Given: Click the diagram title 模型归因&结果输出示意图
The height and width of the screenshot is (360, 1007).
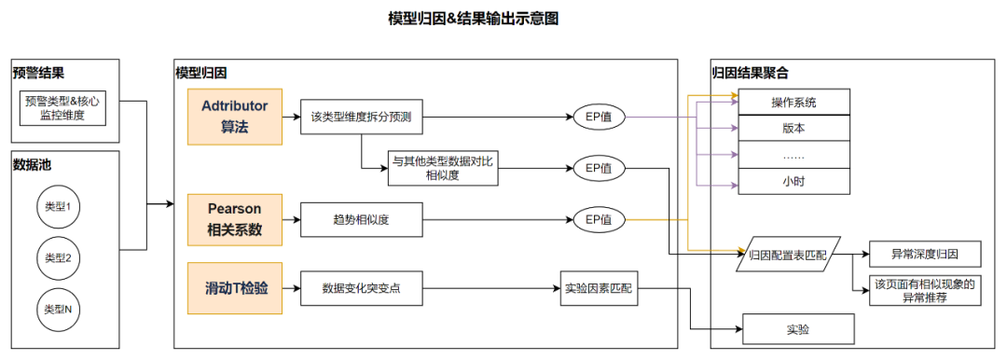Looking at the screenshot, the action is pos(474,20).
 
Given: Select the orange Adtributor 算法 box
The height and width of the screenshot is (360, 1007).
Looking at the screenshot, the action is pos(234,116).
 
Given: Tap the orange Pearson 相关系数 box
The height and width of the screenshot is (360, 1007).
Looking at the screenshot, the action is pos(234,219).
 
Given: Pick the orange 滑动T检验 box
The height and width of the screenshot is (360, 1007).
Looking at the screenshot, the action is pos(234,288).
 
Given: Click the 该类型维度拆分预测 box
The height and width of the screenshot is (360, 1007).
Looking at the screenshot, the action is pos(362,117).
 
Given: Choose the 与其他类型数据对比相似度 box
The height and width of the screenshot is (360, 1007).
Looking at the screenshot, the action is pos(444,168).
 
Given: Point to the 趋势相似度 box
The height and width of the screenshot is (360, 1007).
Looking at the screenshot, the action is pos(362,220).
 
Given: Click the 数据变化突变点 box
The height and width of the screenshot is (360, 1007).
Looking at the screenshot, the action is pos(362,288).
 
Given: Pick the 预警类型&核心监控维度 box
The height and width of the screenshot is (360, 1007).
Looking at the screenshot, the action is pos(62,108).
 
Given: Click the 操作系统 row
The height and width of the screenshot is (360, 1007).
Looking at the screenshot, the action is pos(793,102).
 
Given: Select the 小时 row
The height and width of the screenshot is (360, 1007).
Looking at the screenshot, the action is pos(793,181).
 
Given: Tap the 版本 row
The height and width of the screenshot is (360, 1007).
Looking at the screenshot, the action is pos(793,128).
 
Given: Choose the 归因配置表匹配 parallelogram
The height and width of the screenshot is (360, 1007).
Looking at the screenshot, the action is pos(790,255).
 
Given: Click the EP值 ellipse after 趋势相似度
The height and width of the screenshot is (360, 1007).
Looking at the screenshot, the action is pos(599,220).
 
